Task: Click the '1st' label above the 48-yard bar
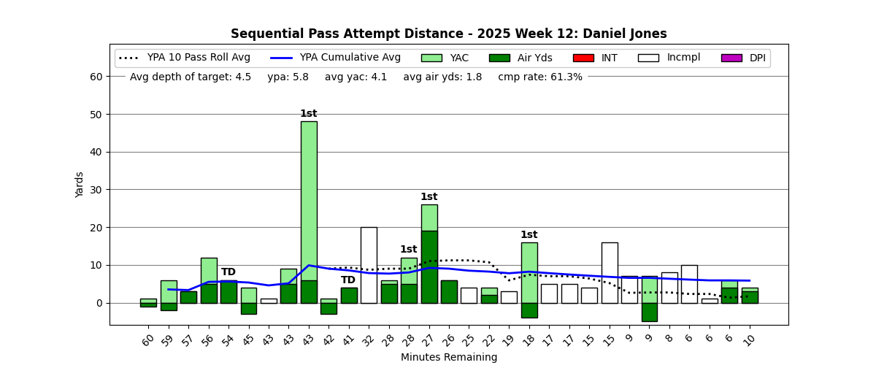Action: pos(309,114)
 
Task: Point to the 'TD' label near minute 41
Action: pos(348,280)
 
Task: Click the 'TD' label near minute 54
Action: pos(228,272)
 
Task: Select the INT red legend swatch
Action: pos(583,58)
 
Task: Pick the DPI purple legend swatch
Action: pos(731,58)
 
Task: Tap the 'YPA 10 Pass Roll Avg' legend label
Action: pos(199,58)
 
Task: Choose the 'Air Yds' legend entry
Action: pos(535,58)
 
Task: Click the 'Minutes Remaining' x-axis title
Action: pos(448,358)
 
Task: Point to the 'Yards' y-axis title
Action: pos(80,185)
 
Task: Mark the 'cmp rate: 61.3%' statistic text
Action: pos(540,77)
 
